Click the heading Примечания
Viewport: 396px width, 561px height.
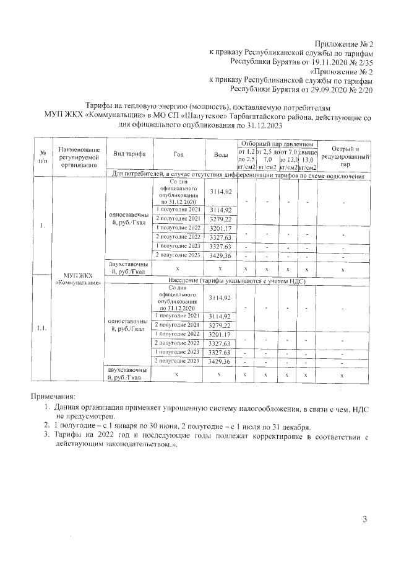pos(54,395)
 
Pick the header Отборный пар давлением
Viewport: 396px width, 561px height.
pos(277,144)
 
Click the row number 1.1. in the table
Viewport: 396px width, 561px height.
pos(42,329)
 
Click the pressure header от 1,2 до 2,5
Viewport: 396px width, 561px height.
pos(246,159)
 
